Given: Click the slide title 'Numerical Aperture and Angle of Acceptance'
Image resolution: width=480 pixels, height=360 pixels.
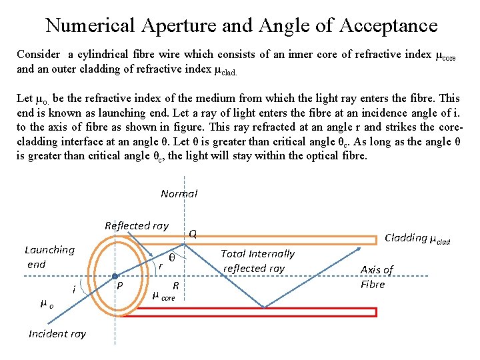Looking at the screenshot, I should coord(241,25).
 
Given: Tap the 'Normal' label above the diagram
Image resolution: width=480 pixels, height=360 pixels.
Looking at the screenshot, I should coord(179,193).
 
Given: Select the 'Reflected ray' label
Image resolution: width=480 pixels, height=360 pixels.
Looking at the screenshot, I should coord(137,225).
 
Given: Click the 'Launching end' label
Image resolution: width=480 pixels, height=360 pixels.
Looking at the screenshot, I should coord(49,257).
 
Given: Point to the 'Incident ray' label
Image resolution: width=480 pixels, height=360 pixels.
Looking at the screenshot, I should coord(57,333).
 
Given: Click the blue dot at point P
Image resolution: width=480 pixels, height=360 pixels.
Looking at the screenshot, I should coord(115,277).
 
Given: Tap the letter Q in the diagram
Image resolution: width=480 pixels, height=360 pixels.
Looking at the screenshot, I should coord(193,234).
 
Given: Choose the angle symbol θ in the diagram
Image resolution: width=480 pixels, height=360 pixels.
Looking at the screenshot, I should coord(172,258).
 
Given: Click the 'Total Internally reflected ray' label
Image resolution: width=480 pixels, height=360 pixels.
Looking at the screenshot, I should coord(257,261).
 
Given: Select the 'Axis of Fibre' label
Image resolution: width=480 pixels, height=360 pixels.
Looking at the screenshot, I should coord(377,276).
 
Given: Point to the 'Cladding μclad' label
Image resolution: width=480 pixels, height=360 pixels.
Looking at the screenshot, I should coord(417,238).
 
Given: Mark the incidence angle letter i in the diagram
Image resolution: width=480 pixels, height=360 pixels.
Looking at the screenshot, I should coord(73,289).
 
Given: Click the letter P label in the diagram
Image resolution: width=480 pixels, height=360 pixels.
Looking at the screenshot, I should coord(120,285).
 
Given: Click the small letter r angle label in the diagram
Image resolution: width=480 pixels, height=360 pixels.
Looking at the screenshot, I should coord(160,265).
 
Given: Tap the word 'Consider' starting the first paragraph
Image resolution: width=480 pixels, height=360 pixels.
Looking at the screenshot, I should coord(38,55).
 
